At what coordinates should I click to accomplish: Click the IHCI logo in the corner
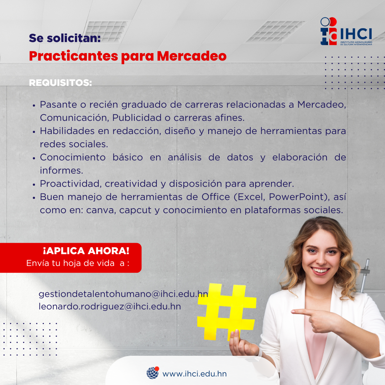[346, 31]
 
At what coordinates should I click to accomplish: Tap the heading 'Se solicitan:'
[65, 38]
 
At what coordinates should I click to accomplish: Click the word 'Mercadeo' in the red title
[191, 56]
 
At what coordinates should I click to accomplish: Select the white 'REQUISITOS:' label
[60, 82]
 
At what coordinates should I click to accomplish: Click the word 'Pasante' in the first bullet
[58, 104]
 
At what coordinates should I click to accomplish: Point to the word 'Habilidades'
[67, 131]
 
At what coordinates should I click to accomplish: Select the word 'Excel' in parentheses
[250, 197]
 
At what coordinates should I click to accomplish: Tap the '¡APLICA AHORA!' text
[86, 251]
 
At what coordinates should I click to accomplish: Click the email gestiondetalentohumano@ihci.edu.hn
[123, 294]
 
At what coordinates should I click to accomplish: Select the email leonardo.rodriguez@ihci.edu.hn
[110, 307]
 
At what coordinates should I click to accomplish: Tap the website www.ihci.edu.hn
[195, 374]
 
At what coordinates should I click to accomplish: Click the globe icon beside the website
[153, 373]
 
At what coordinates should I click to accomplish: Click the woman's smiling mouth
[320, 271]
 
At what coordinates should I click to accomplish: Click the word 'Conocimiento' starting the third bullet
[73, 158]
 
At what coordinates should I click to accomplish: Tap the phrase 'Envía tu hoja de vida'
[71, 263]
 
